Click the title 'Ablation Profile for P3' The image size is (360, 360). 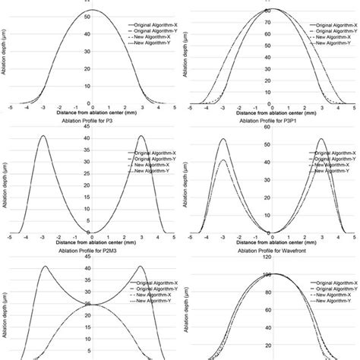point(90,120)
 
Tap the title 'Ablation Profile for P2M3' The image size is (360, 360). point(90,251)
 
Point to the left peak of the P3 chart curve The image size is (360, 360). point(44,137)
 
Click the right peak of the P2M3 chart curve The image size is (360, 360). point(141,267)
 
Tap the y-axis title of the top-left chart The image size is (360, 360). point(3,57)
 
